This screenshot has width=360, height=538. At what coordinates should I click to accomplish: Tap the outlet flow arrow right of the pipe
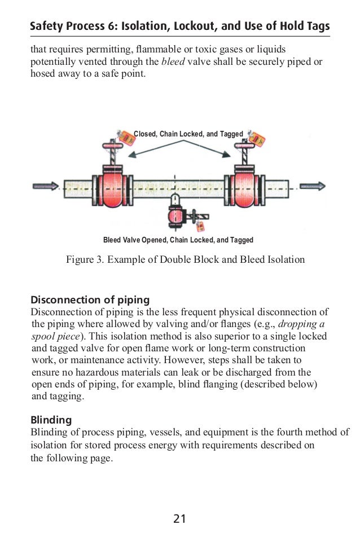(311, 186)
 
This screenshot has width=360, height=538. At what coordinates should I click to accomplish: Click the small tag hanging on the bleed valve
(200, 226)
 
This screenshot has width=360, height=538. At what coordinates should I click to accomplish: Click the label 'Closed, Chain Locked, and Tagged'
(188, 134)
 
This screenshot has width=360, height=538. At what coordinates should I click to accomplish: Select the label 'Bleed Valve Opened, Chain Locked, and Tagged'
(178, 240)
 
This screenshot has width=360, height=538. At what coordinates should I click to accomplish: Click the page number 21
(179, 518)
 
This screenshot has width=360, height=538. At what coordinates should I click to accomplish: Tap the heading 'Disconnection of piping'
(90, 298)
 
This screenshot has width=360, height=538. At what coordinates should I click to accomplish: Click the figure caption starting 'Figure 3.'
(186, 260)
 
